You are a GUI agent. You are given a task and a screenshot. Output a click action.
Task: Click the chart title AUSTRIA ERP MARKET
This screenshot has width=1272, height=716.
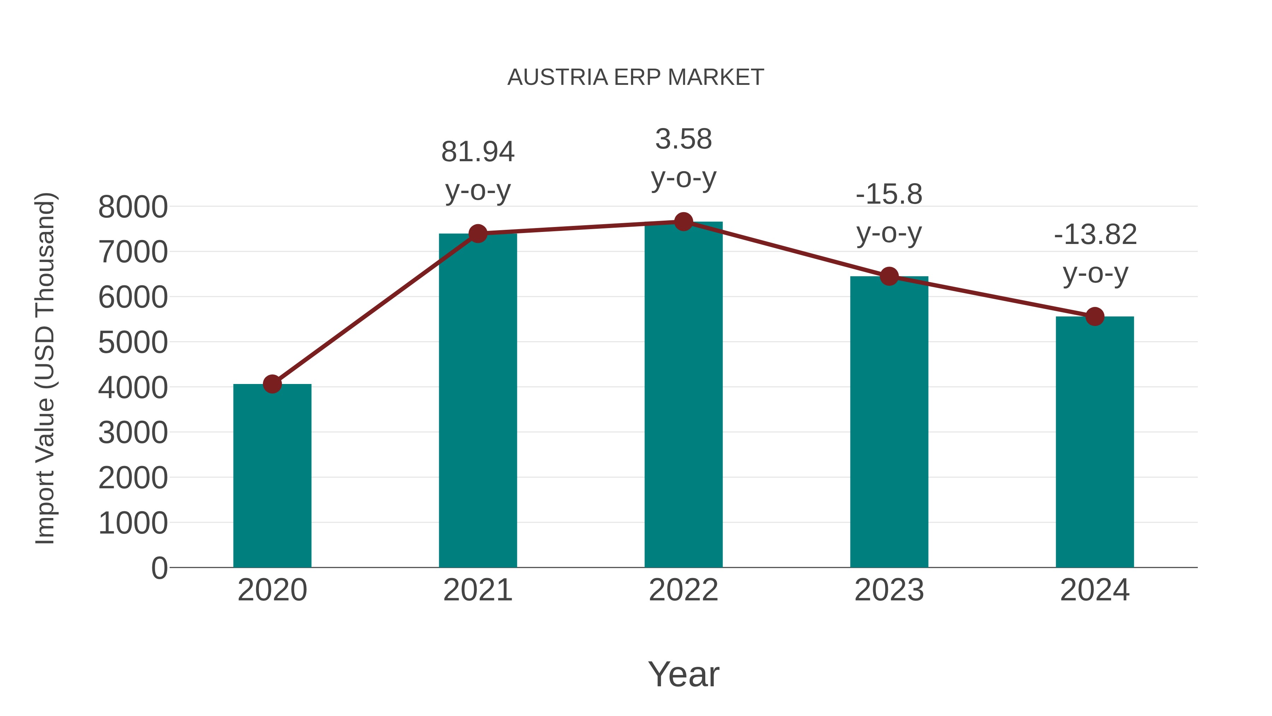click(x=636, y=77)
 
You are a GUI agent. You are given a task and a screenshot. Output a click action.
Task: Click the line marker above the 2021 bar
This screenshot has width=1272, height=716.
click(x=478, y=234)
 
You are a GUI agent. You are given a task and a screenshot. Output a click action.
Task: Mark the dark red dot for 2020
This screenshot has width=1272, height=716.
click(x=272, y=384)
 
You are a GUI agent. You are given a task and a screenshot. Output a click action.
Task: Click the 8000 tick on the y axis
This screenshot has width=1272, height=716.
click(x=133, y=207)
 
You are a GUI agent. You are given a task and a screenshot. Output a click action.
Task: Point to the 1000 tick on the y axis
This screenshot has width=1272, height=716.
click(x=133, y=523)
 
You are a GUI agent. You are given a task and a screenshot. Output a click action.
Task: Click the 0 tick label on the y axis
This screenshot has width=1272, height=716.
click(x=159, y=568)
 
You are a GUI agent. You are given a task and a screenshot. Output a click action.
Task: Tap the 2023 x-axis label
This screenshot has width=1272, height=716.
click(x=889, y=590)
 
